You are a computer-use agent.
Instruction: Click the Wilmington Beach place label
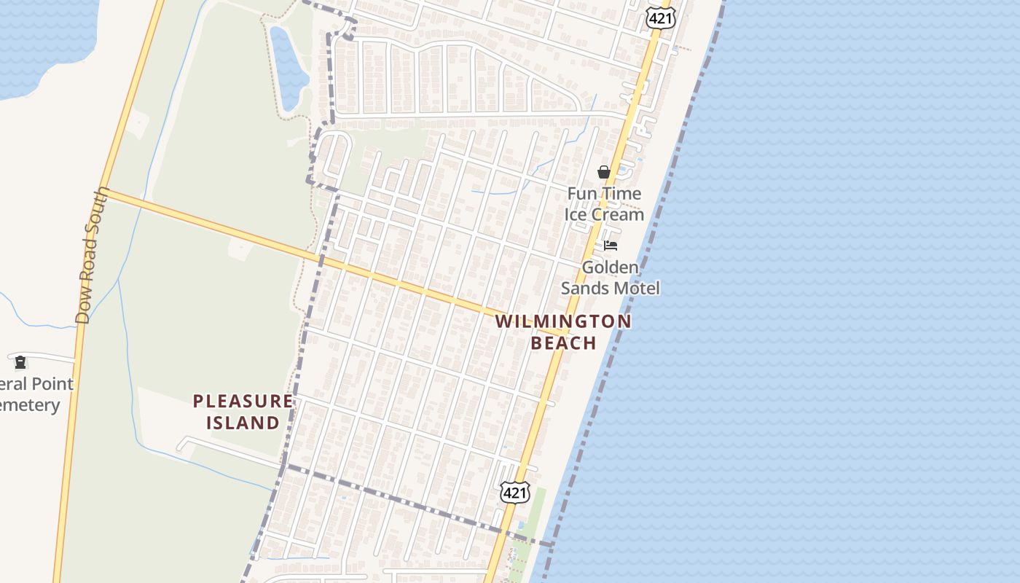pyautogui.click(x=563, y=332)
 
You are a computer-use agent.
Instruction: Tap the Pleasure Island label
pyautogui.click(x=243, y=412)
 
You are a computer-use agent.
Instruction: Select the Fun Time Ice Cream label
pyautogui.click(x=604, y=204)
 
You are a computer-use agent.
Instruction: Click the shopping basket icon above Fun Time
pyautogui.click(x=604, y=173)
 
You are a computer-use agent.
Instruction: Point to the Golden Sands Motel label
pyautogui.click(x=610, y=278)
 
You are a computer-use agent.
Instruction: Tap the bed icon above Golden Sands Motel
pyautogui.click(x=611, y=246)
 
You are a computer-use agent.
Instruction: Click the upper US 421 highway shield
pyautogui.click(x=661, y=18)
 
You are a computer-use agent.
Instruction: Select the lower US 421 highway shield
pyautogui.click(x=514, y=493)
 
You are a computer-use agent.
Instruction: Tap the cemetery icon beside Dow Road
pyautogui.click(x=20, y=362)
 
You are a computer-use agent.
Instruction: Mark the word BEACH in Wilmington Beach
pyautogui.click(x=563, y=343)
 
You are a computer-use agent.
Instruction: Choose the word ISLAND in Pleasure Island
pyautogui.click(x=243, y=423)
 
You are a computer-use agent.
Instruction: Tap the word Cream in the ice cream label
pyautogui.click(x=617, y=214)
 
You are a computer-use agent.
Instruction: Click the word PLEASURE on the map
pyautogui.click(x=243, y=401)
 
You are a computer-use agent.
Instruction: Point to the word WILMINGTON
pyautogui.click(x=563, y=321)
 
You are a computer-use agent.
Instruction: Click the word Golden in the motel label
pyautogui.click(x=610, y=267)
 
